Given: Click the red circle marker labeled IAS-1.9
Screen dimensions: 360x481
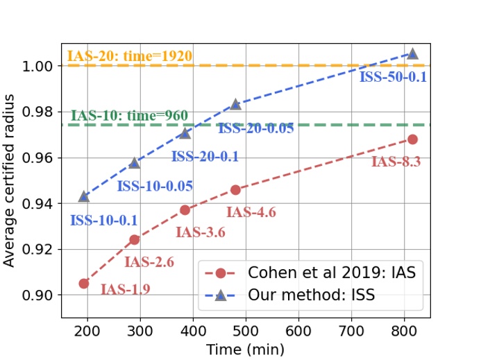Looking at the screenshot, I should point(84,283).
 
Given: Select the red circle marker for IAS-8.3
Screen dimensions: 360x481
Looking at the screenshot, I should point(412,139).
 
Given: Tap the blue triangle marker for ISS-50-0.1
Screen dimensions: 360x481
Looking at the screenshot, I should point(412,53).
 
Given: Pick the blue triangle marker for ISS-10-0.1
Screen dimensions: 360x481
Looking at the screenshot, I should point(84,196).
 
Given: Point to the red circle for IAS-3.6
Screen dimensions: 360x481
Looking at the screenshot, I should point(185,209).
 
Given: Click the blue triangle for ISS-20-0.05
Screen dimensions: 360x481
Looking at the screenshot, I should point(235,104).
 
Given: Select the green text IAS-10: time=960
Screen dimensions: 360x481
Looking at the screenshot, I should point(130,116).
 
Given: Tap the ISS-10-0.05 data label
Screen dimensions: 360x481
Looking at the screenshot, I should point(155,186).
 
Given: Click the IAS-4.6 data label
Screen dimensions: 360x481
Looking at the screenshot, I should point(251,212).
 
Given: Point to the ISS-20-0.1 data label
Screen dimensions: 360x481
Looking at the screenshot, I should point(205,157).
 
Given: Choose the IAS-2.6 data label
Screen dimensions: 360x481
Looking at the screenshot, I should point(149,262).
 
